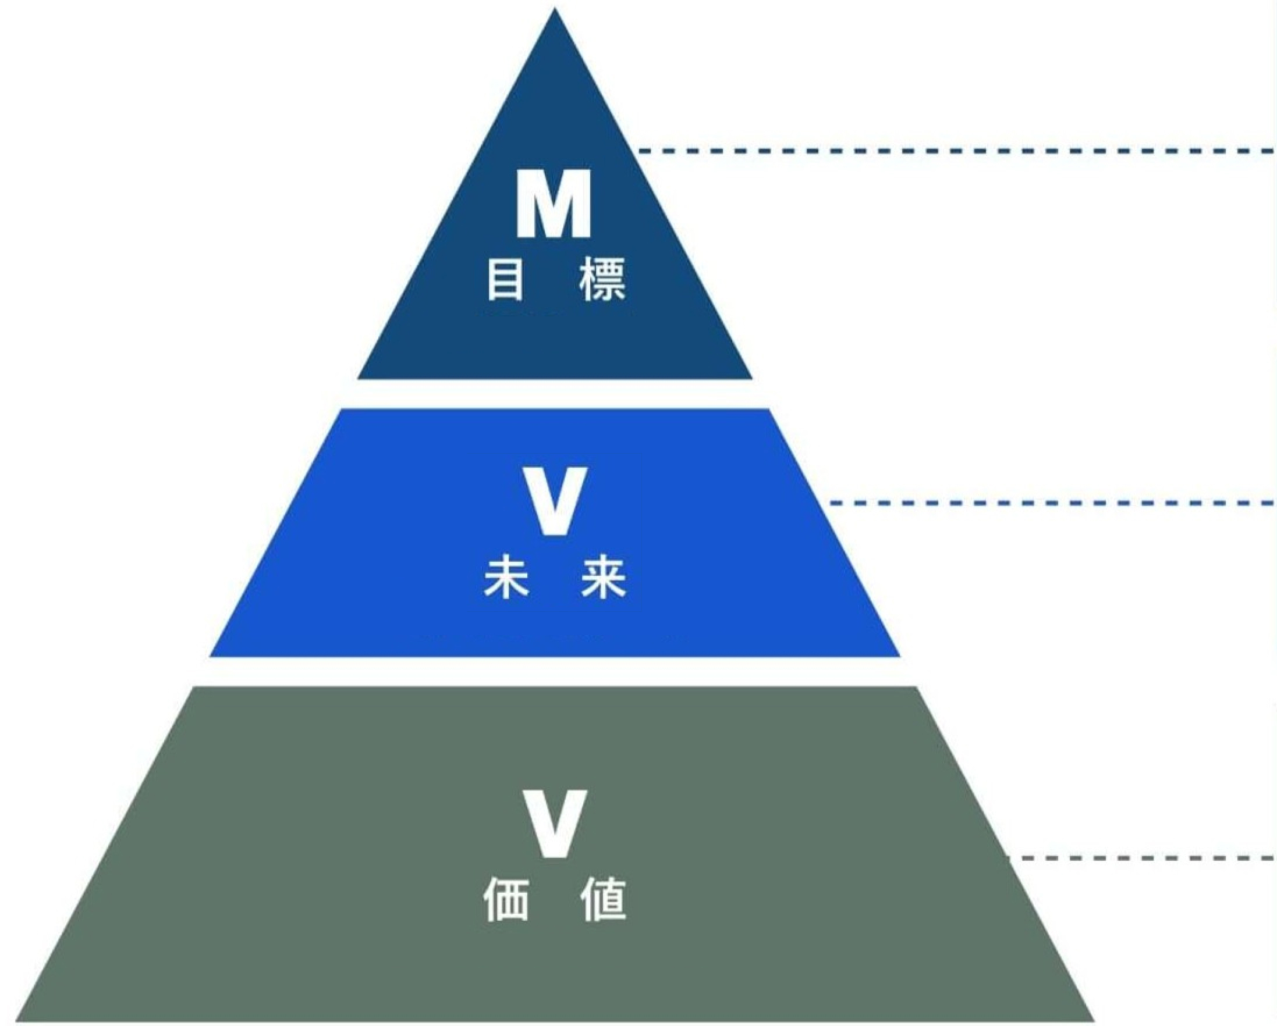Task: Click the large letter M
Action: tap(553, 204)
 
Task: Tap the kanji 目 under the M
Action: tap(505, 279)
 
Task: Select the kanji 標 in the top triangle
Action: tap(602, 279)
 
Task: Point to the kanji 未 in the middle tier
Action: tap(505, 576)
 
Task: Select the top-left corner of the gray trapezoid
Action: tap(194, 689)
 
